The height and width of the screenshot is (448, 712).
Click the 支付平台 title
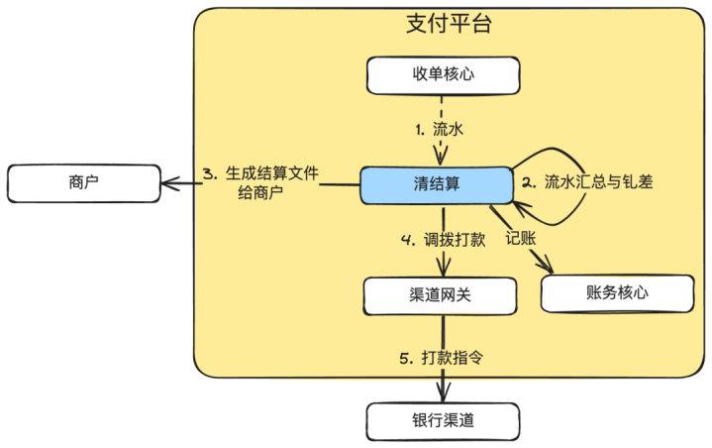449,24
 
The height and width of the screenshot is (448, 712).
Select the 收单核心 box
442,75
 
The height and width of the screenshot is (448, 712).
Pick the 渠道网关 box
440,295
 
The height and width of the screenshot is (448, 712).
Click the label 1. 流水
440,129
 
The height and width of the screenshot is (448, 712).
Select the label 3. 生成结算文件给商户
261,181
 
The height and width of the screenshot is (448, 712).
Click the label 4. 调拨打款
441,240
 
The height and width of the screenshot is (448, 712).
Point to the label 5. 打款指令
442,357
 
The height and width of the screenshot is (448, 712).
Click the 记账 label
519,238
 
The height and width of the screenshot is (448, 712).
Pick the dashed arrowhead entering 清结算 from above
441,159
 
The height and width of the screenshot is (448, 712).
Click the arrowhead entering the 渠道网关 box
441,271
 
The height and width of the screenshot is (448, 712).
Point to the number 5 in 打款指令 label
405,357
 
